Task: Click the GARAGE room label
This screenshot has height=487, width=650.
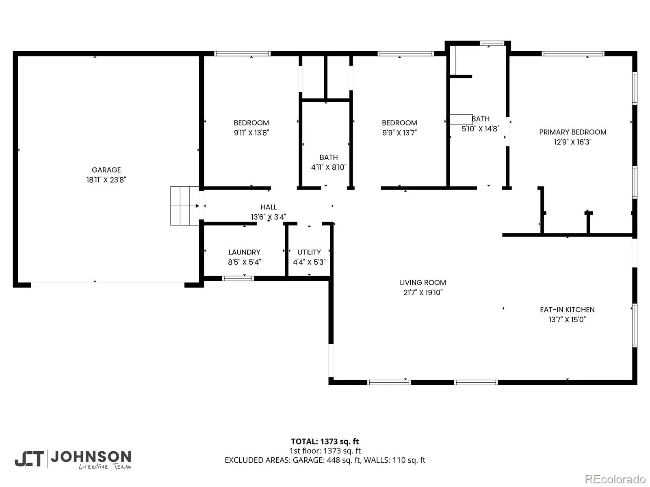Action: [106, 170]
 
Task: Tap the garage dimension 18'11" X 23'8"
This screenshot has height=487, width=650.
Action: [106, 179]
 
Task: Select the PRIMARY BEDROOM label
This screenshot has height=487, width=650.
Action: [572, 132]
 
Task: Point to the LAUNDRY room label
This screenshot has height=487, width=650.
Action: [244, 252]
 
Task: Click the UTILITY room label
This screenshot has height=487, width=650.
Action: [309, 252]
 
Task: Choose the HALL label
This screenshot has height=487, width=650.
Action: [269, 207]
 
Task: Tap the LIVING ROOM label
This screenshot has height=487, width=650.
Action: [423, 282]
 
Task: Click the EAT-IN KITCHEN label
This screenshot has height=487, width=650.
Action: [567, 310]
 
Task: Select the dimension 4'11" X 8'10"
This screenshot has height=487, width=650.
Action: [328, 167]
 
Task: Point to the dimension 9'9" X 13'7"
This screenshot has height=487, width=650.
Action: [399, 132]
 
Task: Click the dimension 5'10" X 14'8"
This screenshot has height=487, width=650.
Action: [480, 128]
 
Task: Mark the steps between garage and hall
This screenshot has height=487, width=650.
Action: [184, 206]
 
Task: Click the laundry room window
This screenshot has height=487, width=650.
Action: [238, 278]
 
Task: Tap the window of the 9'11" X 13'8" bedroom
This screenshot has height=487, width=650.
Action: [242, 54]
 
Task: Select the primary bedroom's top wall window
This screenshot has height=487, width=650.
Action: [573, 54]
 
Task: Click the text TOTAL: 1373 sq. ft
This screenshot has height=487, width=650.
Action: [325, 441]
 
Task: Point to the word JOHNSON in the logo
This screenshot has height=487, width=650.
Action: [91, 457]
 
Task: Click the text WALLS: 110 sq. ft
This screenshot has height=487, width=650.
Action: [394, 460]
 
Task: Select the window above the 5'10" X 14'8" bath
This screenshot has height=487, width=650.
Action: [492, 43]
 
